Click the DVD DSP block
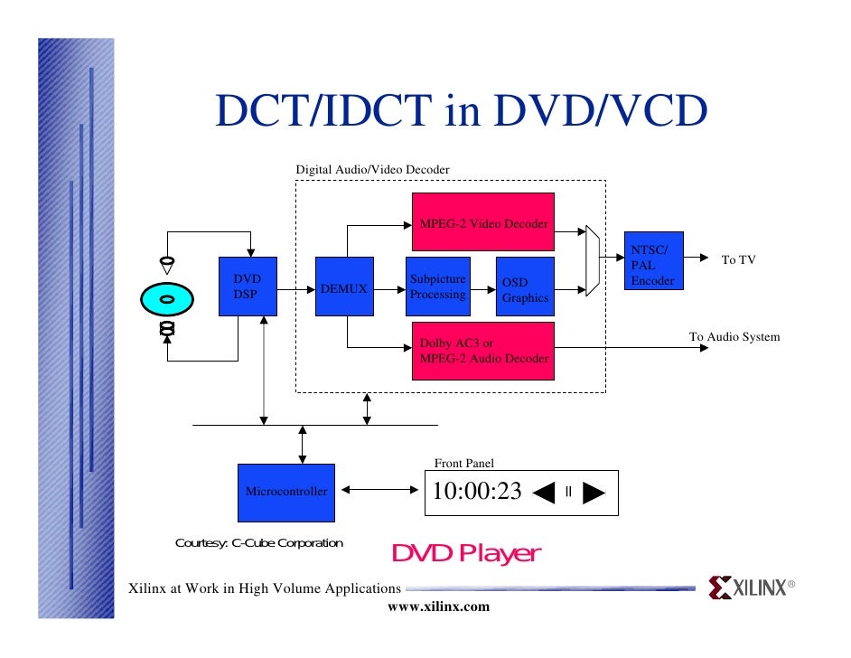click(x=247, y=287)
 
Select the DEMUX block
click(x=344, y=287)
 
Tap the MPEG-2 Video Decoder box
click(x=482, y=222)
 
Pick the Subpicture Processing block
click(x=438, y=287)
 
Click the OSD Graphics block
click(x=525, y=287)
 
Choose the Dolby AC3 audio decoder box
click(x=482, y=351)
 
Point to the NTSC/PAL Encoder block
click(x=654, y=260)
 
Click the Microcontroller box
click(x=285, y=492)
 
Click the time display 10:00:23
click(x=477, y=492)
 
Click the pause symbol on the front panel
click(x=568, y=493)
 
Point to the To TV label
click(x=738, y=260)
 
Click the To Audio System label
click(x=734, y=337)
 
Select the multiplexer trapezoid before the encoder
click(x=593, y=260)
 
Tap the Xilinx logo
click(x=751, y=588)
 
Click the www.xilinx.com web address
click(x=438, y=606)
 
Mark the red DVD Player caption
click(x=465, y=553)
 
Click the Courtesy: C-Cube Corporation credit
click(x=258, y=543)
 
